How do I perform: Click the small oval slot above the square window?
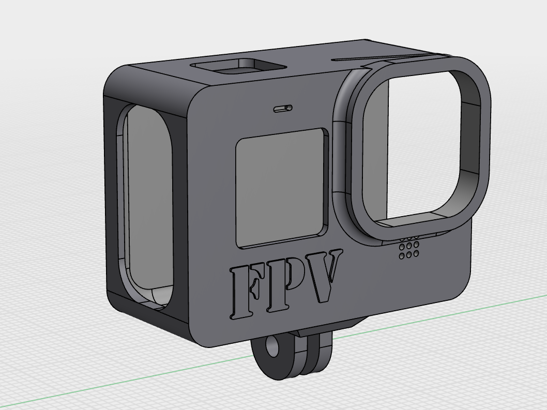click(282, 109)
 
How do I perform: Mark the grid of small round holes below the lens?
click(408, 248)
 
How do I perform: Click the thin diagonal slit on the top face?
click(383, 57)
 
